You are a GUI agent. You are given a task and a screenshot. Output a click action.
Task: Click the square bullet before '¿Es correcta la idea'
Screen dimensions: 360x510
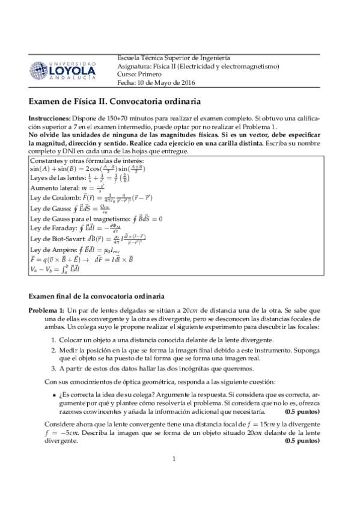(x=54, y=393)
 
